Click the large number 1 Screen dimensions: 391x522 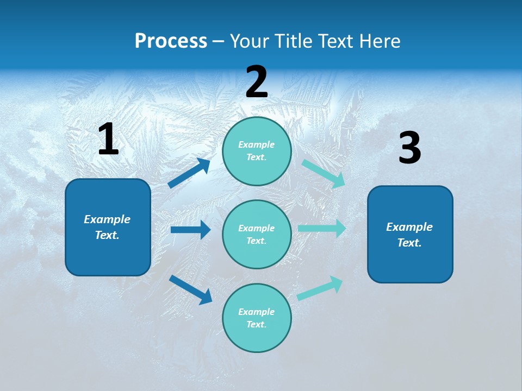(x=108, y=140)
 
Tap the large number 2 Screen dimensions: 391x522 (x=257, y=82)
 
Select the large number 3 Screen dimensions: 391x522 (x=409, y=148)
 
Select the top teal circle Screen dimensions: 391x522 (x=257, y=151)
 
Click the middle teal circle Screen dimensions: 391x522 (x=257, y=234)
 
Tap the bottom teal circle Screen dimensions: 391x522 (x=257, y=318)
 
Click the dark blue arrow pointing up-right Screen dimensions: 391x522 (x=189, y=173)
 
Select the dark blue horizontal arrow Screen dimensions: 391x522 (x=190, y=230)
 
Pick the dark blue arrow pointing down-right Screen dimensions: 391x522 (x=190, y=289)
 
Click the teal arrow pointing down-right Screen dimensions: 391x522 (x=323, y=173)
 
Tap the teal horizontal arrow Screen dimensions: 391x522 (x=322, y=228)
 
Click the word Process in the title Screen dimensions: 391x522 (x=171, y=41)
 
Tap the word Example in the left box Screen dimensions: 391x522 (x=107, y=219)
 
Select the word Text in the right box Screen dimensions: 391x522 (x=409, y=243)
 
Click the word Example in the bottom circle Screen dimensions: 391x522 (x=257, y=312)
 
